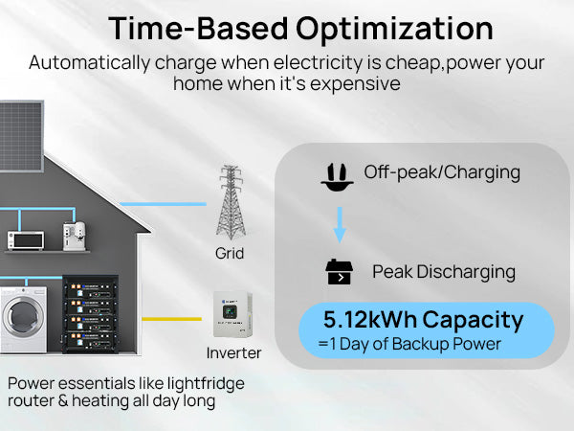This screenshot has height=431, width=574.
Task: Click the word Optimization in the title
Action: (394, 30)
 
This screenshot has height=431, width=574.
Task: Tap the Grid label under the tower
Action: (230, 253)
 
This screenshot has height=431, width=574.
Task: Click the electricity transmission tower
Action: (231, 202)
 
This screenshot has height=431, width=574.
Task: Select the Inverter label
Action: (233, 352)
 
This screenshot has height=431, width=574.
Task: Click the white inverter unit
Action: (232, 314)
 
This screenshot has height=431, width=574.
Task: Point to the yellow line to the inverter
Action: (171, 319)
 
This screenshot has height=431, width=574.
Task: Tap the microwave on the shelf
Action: (26, 240)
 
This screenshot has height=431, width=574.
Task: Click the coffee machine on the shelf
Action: (75, 237)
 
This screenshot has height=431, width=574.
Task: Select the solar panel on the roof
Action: (22, 136)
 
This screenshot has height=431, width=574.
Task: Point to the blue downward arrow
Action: (340, 225)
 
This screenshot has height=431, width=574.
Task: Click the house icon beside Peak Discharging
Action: (339, 272)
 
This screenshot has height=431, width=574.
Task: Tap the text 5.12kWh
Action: (370, 320)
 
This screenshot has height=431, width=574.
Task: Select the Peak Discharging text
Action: (444, 272)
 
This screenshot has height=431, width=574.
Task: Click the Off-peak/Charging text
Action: (442, 172)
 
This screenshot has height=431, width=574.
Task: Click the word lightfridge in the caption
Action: (206, 384)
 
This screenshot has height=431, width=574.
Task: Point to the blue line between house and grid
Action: (164, 204)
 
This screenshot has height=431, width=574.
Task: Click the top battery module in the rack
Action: (91, 288)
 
